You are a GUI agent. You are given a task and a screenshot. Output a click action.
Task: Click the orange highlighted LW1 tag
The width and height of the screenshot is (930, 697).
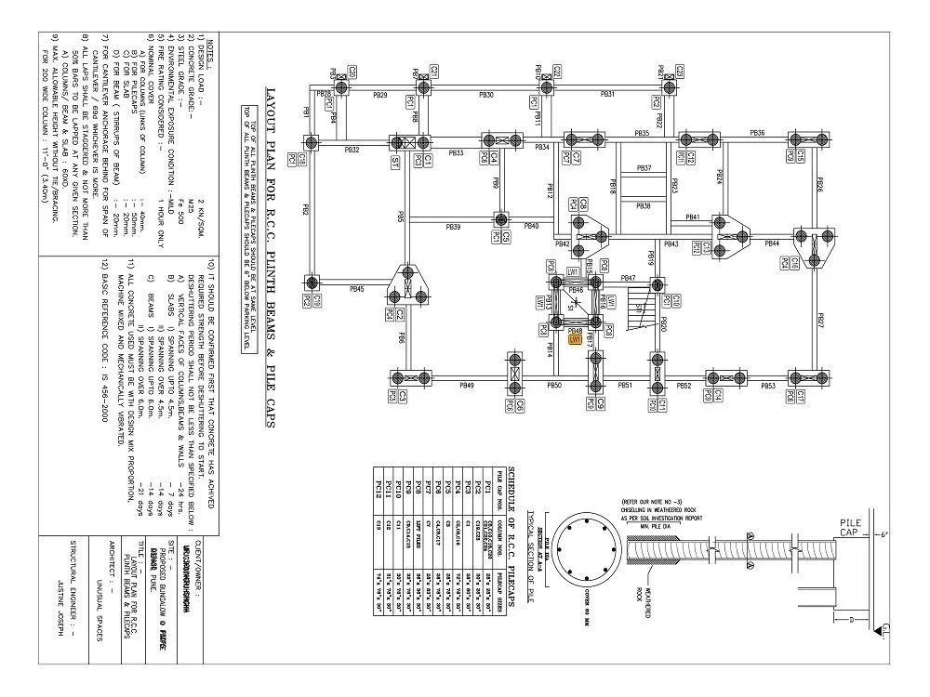[x=575, y=340]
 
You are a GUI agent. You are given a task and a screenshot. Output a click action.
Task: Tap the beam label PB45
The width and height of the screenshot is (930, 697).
[x=356, y=289]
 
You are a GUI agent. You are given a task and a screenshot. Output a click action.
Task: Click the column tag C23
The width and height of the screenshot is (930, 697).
[x=680, y=70]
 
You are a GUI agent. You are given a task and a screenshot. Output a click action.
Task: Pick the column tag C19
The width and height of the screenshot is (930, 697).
[x=317, y=300]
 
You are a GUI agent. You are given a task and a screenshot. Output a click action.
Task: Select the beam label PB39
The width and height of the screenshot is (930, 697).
[x=453, y=227]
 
